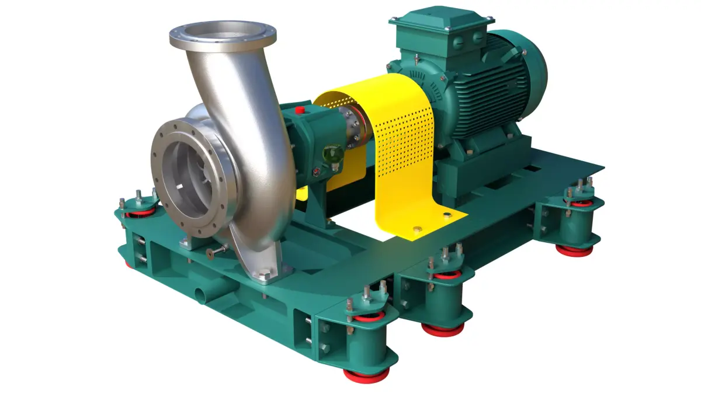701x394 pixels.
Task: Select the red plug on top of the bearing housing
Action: pos(300,110)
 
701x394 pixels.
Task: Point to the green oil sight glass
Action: pos(334,154)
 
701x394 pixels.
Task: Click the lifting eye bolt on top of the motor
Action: pos(415,58)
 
